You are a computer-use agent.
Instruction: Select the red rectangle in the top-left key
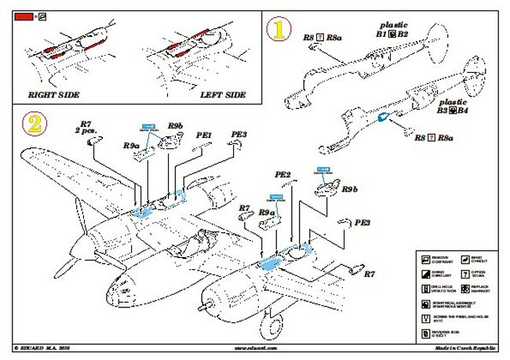[23, 15]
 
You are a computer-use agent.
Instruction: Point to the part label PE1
[204, 136]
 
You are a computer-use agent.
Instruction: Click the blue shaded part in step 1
[383, 118]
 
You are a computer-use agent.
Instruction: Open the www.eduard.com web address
[256, 347]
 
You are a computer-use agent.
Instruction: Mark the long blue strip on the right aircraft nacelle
[270, 262]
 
